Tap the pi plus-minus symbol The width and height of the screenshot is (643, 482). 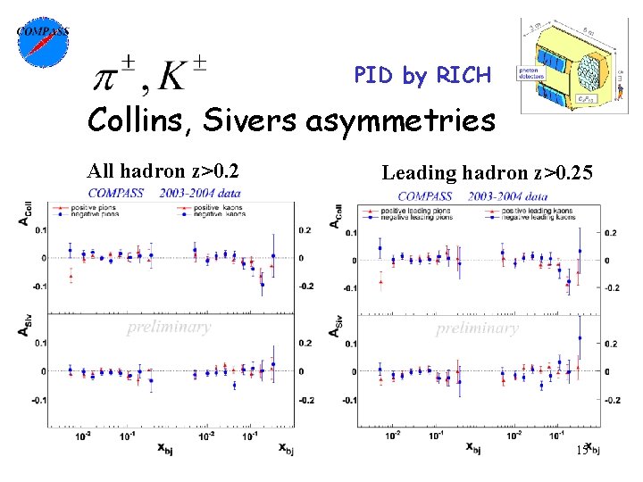(115, 76)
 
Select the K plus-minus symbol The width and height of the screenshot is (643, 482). (182, 76)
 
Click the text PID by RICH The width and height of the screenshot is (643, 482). (422, 76)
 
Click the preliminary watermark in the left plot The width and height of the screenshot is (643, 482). (169, 326)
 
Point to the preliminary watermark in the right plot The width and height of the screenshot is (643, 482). (477, 328)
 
